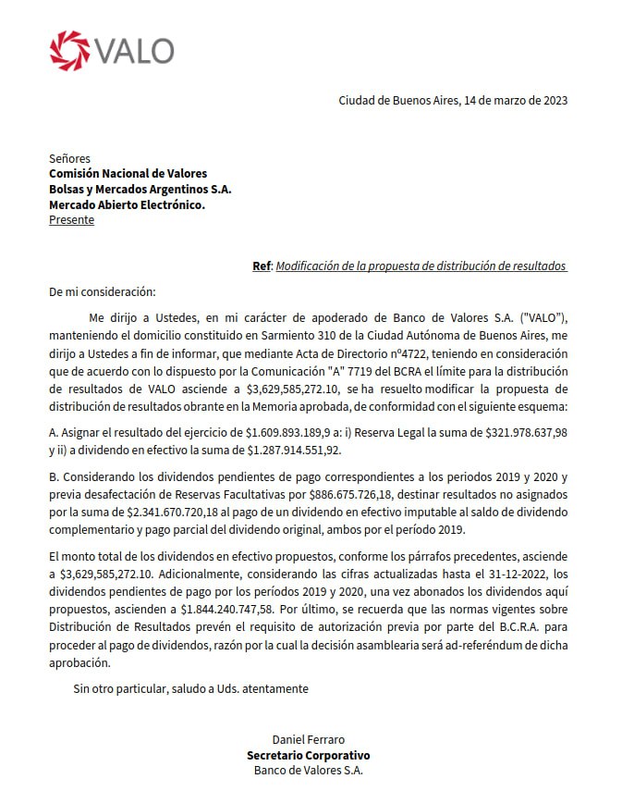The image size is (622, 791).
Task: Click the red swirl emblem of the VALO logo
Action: tap(69, 50)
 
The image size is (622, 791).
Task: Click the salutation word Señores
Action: tap(69, 158)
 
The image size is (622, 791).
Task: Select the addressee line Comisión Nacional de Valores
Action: tap(128, 173)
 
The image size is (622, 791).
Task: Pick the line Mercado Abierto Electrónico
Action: tap(127, 204)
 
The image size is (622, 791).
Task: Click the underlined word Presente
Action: tap(71, 220)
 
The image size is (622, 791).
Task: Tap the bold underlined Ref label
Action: tap(262, 266)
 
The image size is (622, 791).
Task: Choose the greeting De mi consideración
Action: tap(104, 291)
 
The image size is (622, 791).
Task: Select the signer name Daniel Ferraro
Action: tap(309, 739)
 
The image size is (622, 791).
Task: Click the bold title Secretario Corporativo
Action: tap(309, 755)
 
